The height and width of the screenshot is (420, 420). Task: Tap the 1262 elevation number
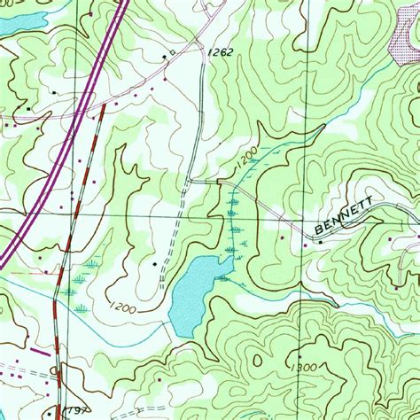pos(222,54)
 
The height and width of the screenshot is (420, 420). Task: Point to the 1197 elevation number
pos(80,412)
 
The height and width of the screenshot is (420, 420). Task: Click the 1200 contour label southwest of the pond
pos(123,308)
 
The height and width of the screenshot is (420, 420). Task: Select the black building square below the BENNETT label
pos(320,242)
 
